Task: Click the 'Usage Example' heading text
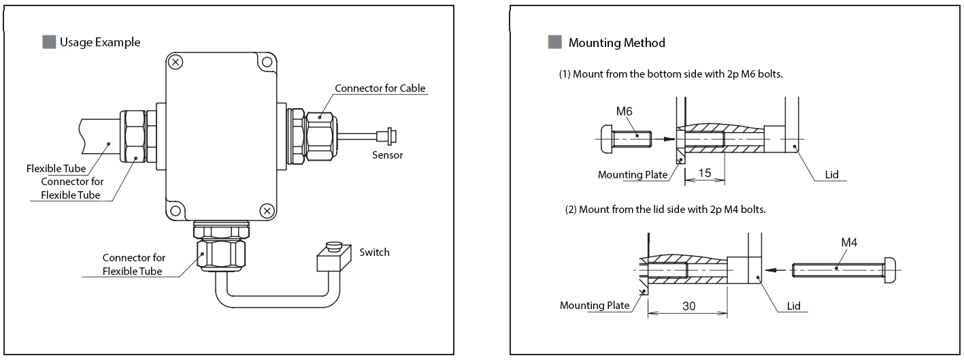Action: point(99,42)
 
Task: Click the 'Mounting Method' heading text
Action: point(616,43)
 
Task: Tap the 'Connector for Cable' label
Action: point(380,88)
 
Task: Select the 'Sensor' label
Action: point(387,155)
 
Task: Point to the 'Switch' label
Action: point(374,252)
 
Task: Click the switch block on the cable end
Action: point(334,259)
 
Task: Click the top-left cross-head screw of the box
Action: point(176,63)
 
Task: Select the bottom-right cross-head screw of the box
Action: point(267,210)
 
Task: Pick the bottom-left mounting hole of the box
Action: point(176,210)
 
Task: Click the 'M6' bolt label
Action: point(625,111)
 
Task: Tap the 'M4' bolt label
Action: point(850,242)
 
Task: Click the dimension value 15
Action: point(705,174)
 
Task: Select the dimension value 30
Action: point(688,306)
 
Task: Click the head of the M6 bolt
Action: point(607,138)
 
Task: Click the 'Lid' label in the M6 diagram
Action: point(831,175)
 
